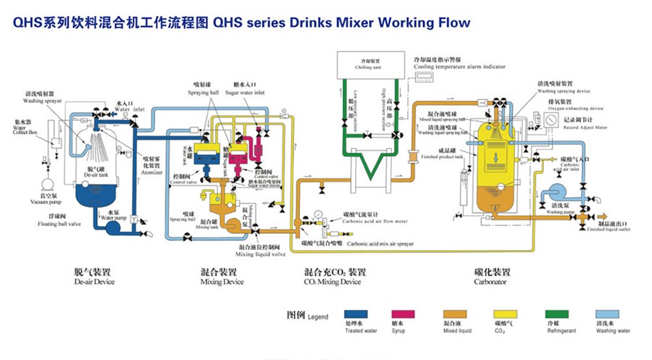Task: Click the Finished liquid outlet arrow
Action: (x=601, y=215)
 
